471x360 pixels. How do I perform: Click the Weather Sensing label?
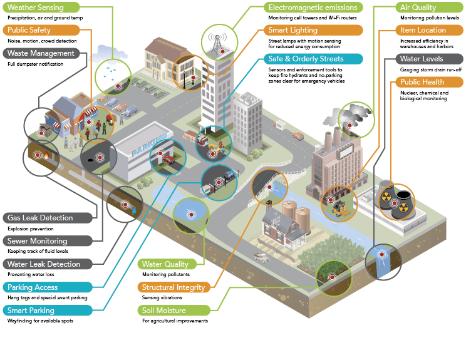(x=41, y=8)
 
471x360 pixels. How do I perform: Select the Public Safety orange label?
(x=41, y=30)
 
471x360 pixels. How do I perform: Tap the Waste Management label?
(x=41, y=53)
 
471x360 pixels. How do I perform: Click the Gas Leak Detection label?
(x=48, y=218)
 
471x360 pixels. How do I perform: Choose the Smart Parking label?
(x=48, y=310)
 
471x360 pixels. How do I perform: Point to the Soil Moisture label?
(x=174, y=310)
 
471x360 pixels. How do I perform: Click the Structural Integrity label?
(x=174, y=287)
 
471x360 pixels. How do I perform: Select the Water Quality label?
(x=167, y=264)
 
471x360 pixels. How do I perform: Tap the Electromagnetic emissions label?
(x=313, y=8)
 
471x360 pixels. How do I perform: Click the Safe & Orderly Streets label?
(x=313, y=59)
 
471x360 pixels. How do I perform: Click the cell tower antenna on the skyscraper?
(x=217, y=43)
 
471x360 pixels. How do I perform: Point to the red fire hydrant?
(x=220, y=144)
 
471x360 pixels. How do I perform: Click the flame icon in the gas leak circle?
(x=46, y=155)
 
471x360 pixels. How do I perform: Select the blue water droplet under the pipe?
(x=134, y=211)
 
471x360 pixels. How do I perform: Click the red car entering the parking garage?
(x=168, y=160)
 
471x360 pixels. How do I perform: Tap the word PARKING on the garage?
(x=149, y=145)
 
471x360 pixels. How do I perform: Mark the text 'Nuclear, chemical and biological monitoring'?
(x=424, y=96)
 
